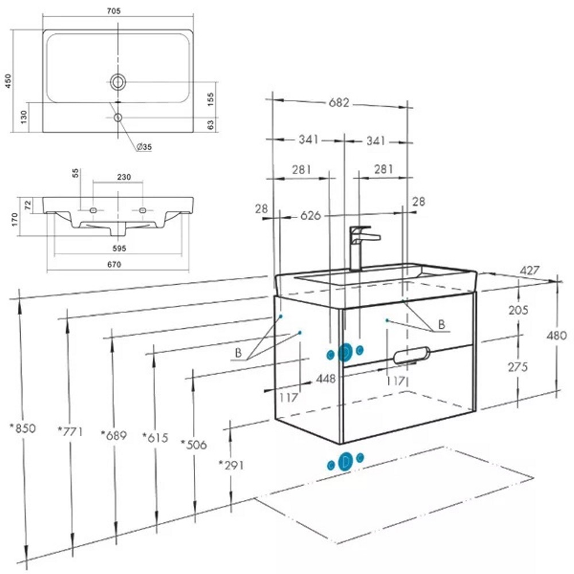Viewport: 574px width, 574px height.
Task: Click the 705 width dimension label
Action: click(114, 11)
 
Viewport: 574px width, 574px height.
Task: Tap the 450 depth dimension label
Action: click(8, 81)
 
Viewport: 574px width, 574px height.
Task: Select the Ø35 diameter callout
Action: click(144, 147)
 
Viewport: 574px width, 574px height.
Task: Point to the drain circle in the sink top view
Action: click(118, 82)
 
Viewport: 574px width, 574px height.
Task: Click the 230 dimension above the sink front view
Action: click(124, 177)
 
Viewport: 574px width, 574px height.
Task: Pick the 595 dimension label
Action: click(119, 248)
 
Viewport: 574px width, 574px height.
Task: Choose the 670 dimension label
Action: click(114, 264)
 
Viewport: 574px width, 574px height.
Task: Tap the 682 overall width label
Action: click(339, 103)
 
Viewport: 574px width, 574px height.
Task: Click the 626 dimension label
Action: click(311, 216)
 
